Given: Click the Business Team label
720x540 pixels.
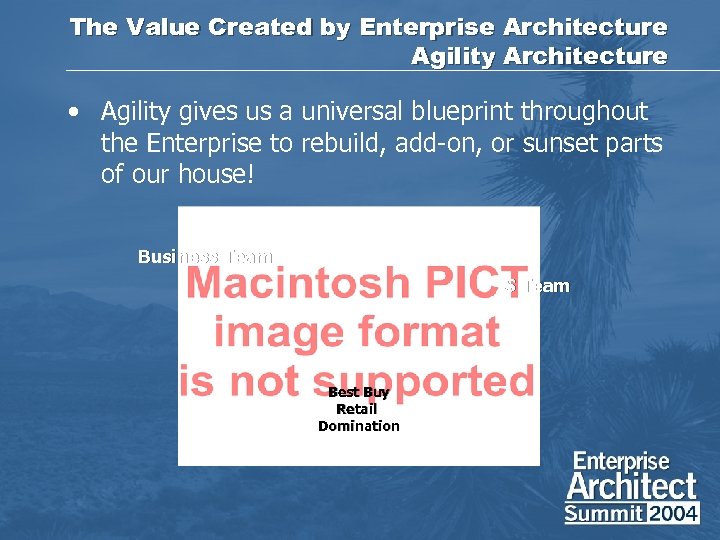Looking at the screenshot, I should (205, 257).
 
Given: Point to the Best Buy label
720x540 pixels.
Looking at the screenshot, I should (358, 393).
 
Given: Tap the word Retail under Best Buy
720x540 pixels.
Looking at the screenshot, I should (357, 409).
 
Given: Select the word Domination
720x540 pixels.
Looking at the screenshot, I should (358, 426).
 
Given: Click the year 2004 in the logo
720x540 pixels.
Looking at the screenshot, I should (674, 514).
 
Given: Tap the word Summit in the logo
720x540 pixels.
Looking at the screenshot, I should (604, 514).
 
